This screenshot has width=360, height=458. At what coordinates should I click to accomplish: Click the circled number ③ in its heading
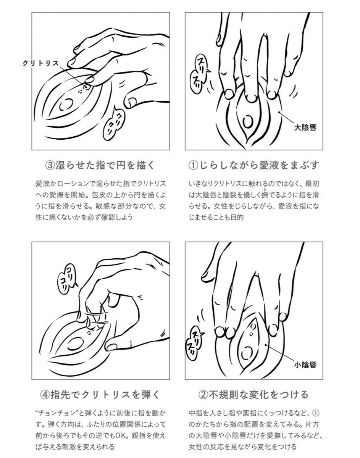(50, 166)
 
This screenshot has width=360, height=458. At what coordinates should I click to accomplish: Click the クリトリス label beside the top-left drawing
(40, 63)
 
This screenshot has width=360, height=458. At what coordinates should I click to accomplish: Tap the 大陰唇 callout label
(305, 128)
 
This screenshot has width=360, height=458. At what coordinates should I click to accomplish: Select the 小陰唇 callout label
(305, 365)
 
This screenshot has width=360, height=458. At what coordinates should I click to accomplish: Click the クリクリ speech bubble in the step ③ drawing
(113, 124)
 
